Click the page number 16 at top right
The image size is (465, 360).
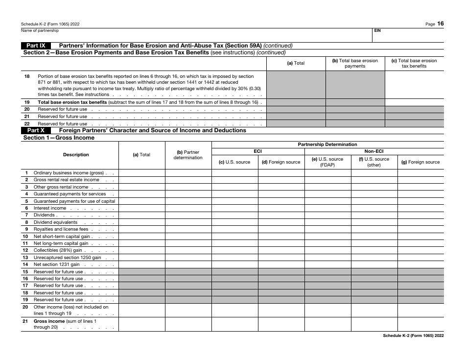point(441,24)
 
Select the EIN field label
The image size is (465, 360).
point(377,30)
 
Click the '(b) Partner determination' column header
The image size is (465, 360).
point(188,155)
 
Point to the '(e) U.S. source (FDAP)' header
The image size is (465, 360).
point(327,162)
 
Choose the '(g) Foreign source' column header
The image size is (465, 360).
point(420,162)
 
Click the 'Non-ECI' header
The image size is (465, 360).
point(374,151)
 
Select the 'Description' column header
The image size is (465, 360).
point(76,155)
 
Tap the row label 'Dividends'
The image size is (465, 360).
point(44,215)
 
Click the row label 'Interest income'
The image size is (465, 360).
point(49,208)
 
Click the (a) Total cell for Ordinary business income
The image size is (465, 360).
point(141,173)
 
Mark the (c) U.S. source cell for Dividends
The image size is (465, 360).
point(234,215)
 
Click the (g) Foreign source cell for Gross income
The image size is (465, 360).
point(420,324)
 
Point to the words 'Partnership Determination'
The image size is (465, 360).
point(327,144)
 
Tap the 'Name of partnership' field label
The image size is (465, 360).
point(40,30)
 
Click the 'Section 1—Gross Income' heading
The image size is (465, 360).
point(59,138)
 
